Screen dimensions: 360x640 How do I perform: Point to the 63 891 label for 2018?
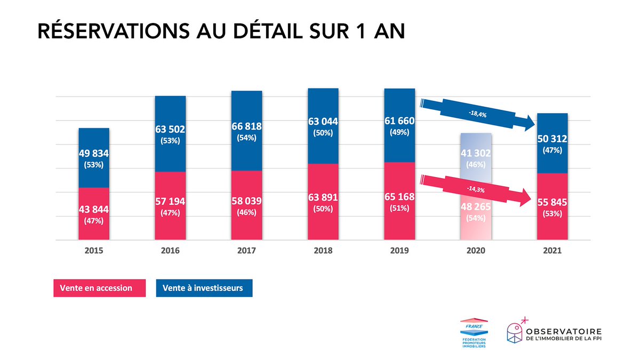pyautogui.click(x=323, y=198)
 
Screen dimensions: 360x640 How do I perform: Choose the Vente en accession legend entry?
pyautogui.click(x=100, y=288)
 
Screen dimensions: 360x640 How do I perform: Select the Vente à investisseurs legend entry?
pyautogui.click(x=204, y=288)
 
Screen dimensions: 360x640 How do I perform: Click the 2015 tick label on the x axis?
pyautogui.click(x=94, y=251)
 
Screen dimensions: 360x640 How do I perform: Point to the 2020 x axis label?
pyautogui.click(x=476, y=251)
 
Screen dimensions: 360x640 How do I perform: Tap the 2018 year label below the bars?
pyautogui.click(x=323, y=251)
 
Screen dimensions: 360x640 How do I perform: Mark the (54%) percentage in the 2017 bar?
pyautogui.click(x=246, y=138)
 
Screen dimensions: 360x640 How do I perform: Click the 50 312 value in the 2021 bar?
pyautogui.click(x=552, y=139)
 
